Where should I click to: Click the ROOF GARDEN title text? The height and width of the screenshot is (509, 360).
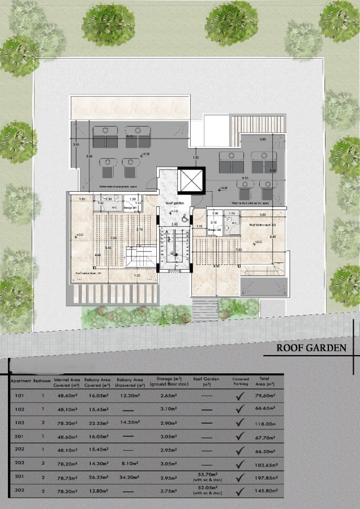pyautogui.click(x=310, y=347)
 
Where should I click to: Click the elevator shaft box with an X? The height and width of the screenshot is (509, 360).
pyautogui.click(x=190, y=181)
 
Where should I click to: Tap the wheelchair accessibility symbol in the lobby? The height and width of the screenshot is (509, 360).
pyautogui.click(x=186, y=222)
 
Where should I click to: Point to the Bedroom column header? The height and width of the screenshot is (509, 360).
pyautogui.click(x=42, y=381)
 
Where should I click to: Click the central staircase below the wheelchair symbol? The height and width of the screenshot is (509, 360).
pyautogui.click(x=173, y=249)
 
